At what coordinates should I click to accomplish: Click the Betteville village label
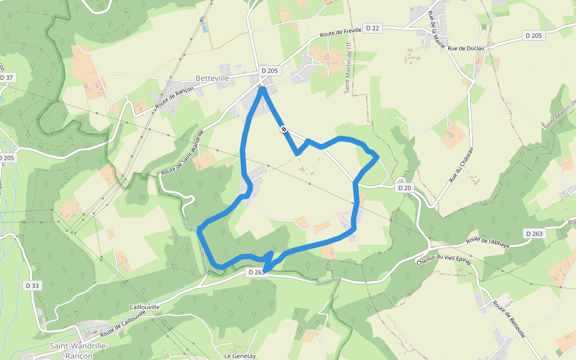(x=212, y=78)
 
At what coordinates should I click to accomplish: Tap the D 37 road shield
(x=7, y=77)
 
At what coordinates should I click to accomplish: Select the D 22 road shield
(x=373, y=28)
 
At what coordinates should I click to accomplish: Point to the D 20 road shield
(x=405, y=188)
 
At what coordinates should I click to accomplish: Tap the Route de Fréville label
(x=341, y=32)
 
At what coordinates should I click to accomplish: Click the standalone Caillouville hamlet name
(x=145, y=307)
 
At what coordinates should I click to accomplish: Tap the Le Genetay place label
(x=240, y=356)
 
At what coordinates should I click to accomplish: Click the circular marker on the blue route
(x=283, y=129)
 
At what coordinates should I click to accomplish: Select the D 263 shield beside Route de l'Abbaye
(x=533, y=233)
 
